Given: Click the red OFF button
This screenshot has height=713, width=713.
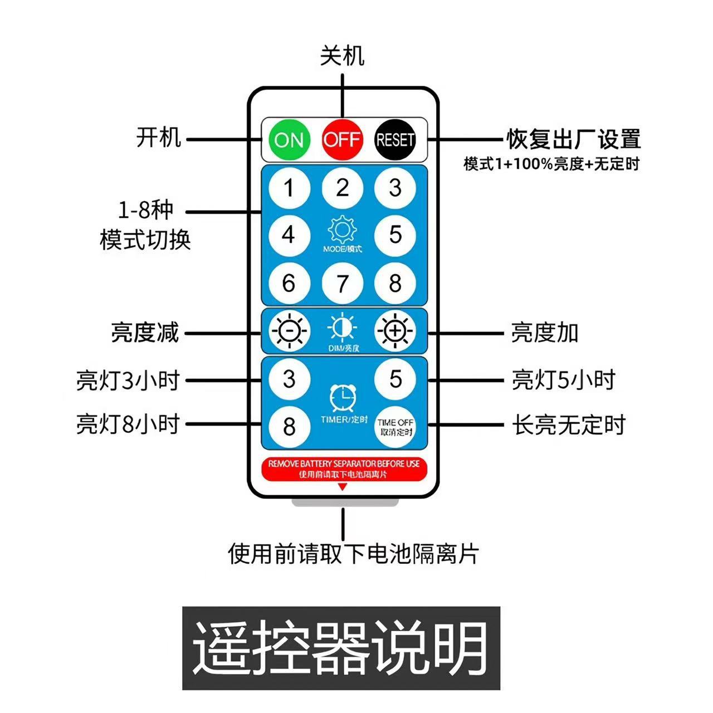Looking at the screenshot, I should point(342,139).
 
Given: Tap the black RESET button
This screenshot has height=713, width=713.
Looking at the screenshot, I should point(395,139).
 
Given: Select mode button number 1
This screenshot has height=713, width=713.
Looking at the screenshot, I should point(289,188).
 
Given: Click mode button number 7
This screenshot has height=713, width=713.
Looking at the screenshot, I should point(342,283).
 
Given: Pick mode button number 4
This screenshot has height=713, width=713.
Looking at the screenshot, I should point(289,235).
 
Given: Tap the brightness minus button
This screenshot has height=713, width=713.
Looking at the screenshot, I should point(289,331).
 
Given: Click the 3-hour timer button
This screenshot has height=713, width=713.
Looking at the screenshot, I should point(289,379).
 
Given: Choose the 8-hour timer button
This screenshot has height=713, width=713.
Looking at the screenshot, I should point(289,427).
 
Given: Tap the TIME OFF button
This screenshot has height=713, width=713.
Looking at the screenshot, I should point(395,427).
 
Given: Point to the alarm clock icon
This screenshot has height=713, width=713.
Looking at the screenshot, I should point(342,398).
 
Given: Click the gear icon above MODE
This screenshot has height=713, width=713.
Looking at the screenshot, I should point(342,229).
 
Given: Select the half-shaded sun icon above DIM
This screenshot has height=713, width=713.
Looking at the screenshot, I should point(342,328).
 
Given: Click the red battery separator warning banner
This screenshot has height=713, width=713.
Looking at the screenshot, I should point(344,468).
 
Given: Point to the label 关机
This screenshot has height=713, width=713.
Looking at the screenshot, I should point(342,56).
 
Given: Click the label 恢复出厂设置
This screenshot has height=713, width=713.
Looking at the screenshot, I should point(573,139).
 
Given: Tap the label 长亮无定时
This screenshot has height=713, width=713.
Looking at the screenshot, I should point(569,425).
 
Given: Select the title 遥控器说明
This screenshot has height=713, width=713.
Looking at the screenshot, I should point(341,648).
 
